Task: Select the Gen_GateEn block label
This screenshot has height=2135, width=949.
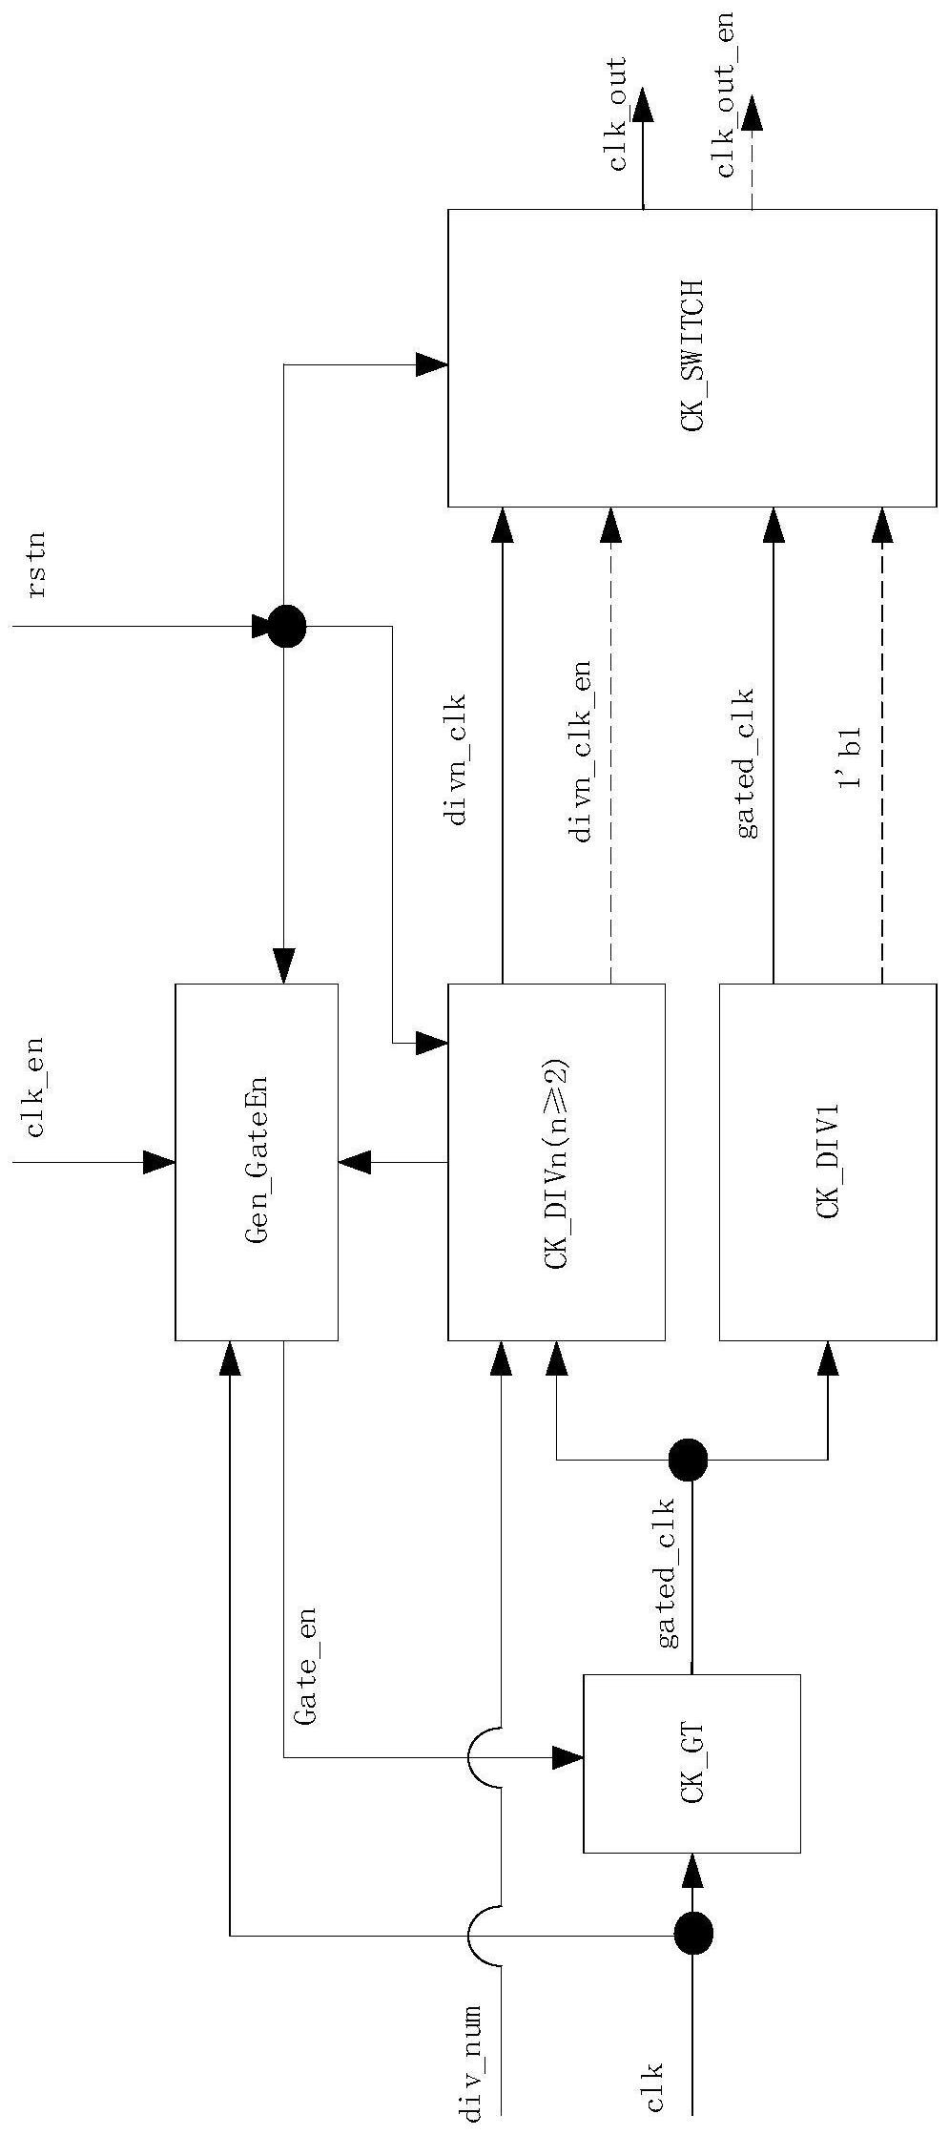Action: coord(257,1161)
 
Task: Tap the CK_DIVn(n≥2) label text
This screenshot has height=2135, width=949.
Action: coord(557,1161)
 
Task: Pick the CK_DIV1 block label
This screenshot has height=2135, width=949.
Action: coord(827,1161)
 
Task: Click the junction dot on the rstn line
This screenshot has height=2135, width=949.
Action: coord(285,627)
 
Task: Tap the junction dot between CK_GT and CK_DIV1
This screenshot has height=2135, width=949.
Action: coord(688,1459)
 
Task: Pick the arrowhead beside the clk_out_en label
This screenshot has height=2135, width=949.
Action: coord(753,113)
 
